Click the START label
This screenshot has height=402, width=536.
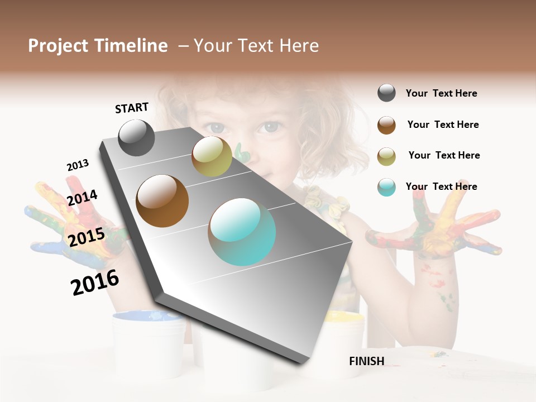pyautogui.click(x=132, y=108)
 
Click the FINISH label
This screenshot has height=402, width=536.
pyautogui.click(x=366, y=361)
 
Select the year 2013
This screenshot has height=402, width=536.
pyautogui.click(x=78, y=165)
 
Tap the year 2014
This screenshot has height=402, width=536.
pyautogui.click(x=82, y=198)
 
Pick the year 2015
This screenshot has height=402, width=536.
pyautogui.click(x=87, y=237)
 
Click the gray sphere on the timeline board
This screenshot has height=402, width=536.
pyautogui.click(x=137, y=137)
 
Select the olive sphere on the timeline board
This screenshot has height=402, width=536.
pyautogui.click(x=212, y=156)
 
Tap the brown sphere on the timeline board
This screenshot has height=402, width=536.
pyautogui.click(x=162, y=201)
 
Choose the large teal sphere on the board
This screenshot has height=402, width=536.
pyautogui.click(x=242, y=232)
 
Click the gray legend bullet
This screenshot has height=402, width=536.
pyautogui.click(x=386, y=93)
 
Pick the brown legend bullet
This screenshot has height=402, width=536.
pyautogui.click(x=386, y=125)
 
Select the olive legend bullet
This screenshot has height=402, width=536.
pyautogui.click(x=386, y=156)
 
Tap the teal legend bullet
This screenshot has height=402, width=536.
pyautogui.click(x=386, y=187)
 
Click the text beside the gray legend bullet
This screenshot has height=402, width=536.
pyautogui.click(x=441, y=93)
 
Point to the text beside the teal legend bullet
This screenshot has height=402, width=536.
pyautogui.click(x=441, y=186)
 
